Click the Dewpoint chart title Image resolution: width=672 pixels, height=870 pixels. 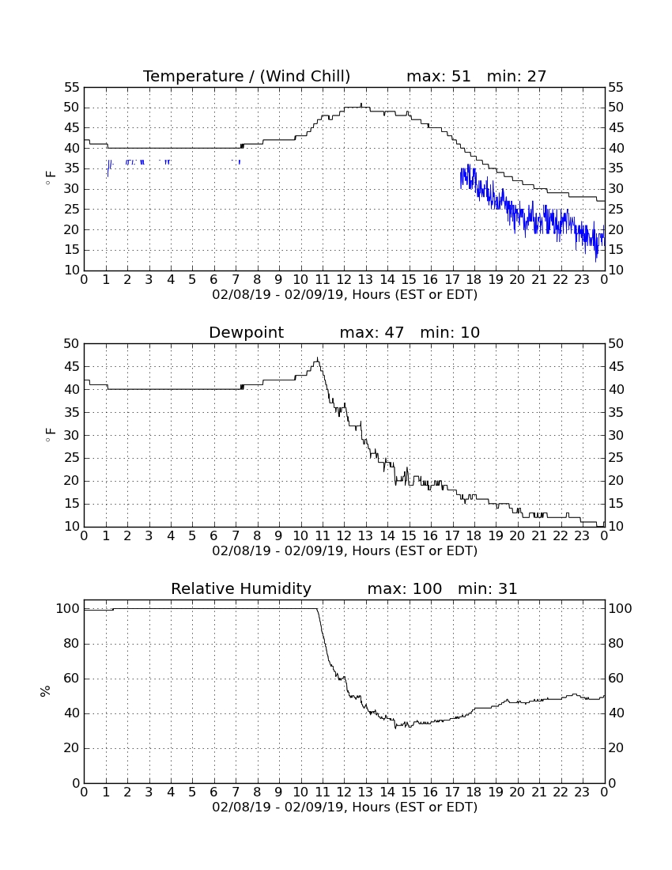246,332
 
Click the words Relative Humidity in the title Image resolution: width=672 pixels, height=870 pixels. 241,588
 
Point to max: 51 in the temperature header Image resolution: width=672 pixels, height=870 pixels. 439,76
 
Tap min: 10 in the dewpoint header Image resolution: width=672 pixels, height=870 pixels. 450,332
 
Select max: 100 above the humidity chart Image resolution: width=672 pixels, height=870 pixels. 405,588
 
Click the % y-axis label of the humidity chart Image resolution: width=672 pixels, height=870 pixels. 45,690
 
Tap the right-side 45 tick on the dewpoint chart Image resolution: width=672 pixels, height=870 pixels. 616,367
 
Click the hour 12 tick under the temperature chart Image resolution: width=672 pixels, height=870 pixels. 344,280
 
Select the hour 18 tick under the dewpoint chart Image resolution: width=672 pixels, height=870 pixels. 474,536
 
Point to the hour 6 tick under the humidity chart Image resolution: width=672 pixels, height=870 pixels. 214,792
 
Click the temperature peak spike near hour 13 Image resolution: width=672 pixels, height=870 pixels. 361,104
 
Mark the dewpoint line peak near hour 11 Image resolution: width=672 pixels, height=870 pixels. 317,358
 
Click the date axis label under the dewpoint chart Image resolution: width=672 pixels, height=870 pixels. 345,551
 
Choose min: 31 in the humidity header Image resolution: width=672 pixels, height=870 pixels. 487,588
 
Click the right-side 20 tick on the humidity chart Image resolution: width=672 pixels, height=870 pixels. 616,748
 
